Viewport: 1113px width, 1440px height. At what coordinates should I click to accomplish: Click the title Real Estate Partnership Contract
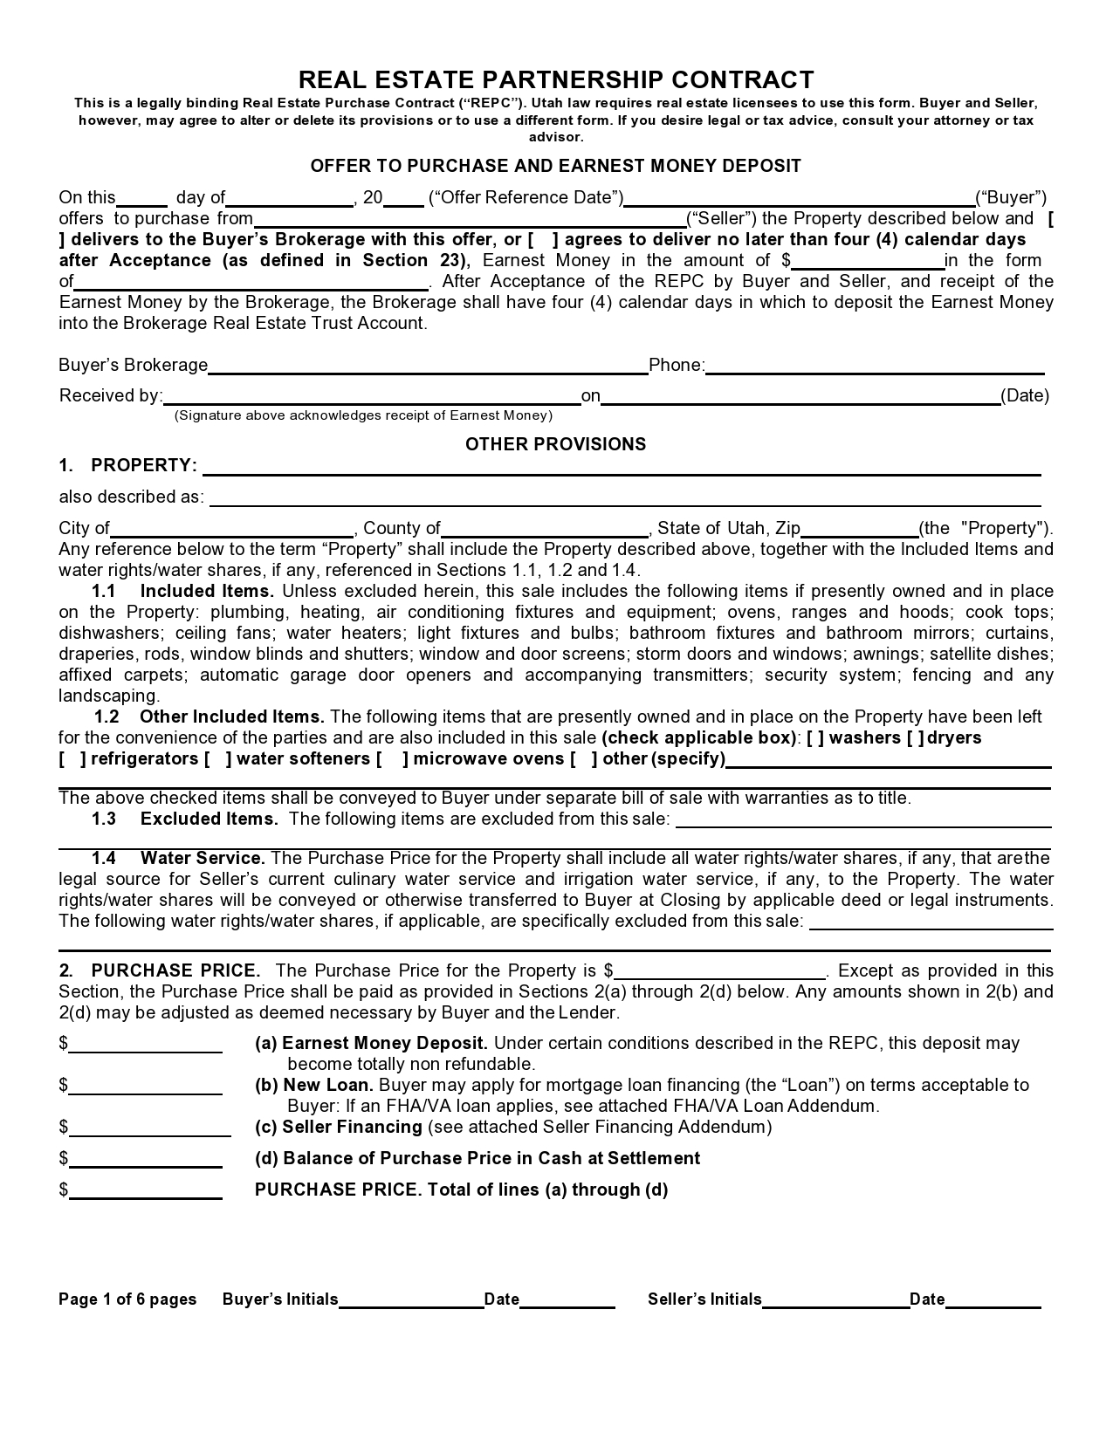coord(556,80)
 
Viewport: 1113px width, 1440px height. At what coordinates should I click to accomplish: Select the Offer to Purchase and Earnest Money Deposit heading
coord(556,166)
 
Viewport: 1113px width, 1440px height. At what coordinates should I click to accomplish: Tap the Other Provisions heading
coord(555,444)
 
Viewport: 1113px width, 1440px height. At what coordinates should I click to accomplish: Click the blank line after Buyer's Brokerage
coord(428,367)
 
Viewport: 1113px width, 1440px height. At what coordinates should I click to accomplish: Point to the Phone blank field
coord(875,367)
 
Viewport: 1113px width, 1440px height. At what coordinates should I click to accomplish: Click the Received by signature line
coord(372,397)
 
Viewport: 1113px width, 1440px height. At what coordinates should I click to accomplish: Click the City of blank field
coord(232,530)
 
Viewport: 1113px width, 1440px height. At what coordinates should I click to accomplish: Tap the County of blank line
coord(545,530)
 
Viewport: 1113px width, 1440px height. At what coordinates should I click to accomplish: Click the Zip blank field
coord(860,530)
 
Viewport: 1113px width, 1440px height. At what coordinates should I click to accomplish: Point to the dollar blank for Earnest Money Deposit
coord(146,1045)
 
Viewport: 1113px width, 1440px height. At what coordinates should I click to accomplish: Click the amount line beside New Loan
coord(146,1087)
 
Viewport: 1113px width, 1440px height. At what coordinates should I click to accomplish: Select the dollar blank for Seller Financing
coord(150,1128)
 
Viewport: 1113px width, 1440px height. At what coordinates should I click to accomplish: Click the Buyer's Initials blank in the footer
coord(411,1301)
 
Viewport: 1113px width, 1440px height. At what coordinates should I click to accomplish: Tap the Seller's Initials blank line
coord(835,1301)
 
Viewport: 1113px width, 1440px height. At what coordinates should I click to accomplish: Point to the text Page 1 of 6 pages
coord(127,1299)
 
